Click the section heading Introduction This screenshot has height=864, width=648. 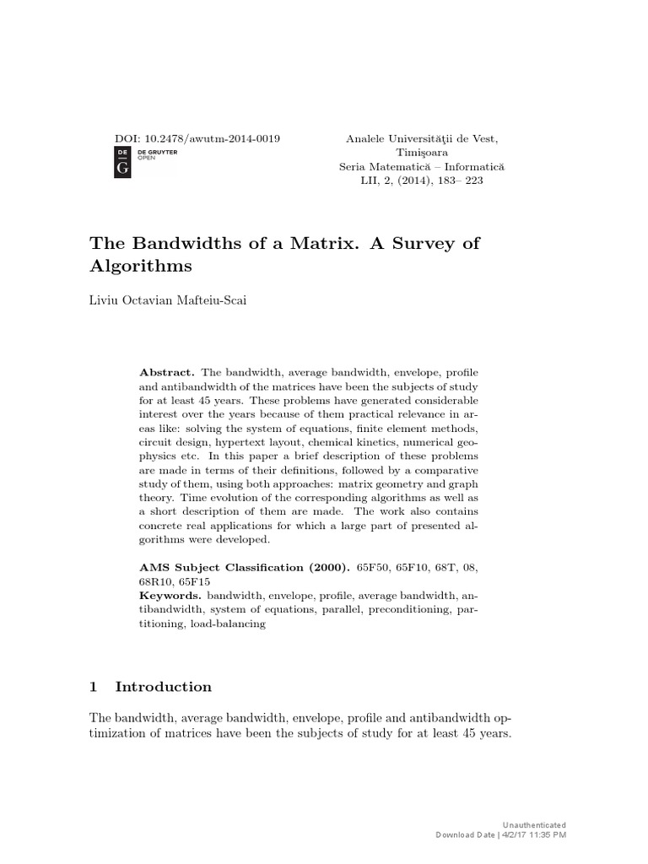click(164, 687)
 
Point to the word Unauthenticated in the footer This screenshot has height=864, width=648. click(536, 824)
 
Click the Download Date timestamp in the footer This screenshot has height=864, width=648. click(500, 834)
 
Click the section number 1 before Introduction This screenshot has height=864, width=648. click(94, 687)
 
